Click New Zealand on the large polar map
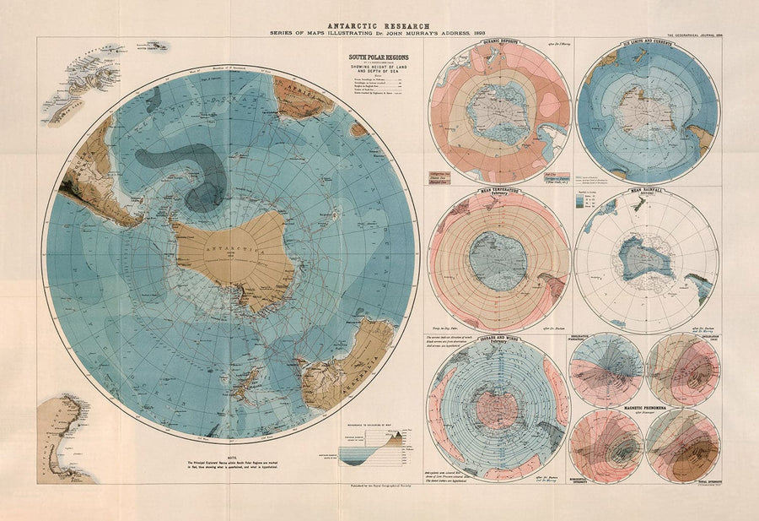(x=245, y=386)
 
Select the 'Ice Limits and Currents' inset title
(x=649, y=41)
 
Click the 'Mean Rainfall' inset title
(x=649, y=192)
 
